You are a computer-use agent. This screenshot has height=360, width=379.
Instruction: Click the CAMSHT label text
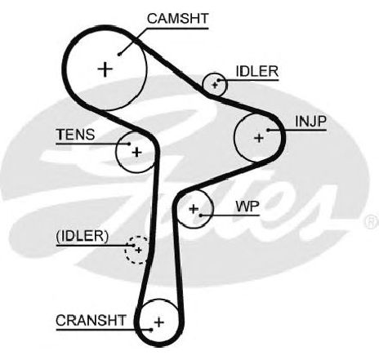pyautogui.click(x=178, y=19)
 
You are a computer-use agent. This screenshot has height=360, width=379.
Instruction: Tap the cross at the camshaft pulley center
pyautogui.click(x=105, y=69)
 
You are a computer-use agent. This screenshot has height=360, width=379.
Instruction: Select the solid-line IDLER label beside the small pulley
pyautogui.click(x=257, y=71)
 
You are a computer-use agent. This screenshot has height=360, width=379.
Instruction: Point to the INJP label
pyautogui.click(x=310, y=121)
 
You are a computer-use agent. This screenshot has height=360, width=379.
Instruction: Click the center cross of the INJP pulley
pyautogui.click(x=259, y=138)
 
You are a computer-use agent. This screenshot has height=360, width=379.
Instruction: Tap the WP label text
pyautogui.click(x=247, y=207)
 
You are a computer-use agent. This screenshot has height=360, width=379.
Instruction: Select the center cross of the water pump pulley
pyautogui.click(x=194, y=209)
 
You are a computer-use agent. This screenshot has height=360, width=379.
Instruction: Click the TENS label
pyautogui.click(x=75, y=135)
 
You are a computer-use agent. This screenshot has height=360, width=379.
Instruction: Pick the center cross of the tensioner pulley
pyautogui.click(x=136, y=152)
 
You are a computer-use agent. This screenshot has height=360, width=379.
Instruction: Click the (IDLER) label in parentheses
pyautogui.click(x=82, y=236)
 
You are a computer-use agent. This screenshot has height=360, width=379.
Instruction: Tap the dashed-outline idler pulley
pyautogui.click(x=137, y=250)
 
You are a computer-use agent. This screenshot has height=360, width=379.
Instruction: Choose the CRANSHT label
pyautogui.click(x=91, y=320)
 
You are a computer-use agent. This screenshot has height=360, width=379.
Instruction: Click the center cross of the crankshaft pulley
pyautogui.click(x=159, y=322)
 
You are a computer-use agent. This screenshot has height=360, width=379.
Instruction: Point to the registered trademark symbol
pyautogui.click(x=372, y=221)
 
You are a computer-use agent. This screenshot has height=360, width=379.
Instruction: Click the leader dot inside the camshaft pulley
pyautogui.click(x=118, y=55)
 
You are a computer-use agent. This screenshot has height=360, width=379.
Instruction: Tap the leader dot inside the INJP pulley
pyautogui.click(x=268, y=130)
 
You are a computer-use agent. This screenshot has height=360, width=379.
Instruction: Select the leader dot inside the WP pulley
pyautogui.click(x=200, y=216)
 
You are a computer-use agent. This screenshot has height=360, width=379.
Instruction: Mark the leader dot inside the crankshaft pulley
pyautogui.click(x=151, y=330)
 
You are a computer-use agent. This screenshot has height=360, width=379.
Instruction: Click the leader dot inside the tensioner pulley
pyautogui.click(x=129, y=144)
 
